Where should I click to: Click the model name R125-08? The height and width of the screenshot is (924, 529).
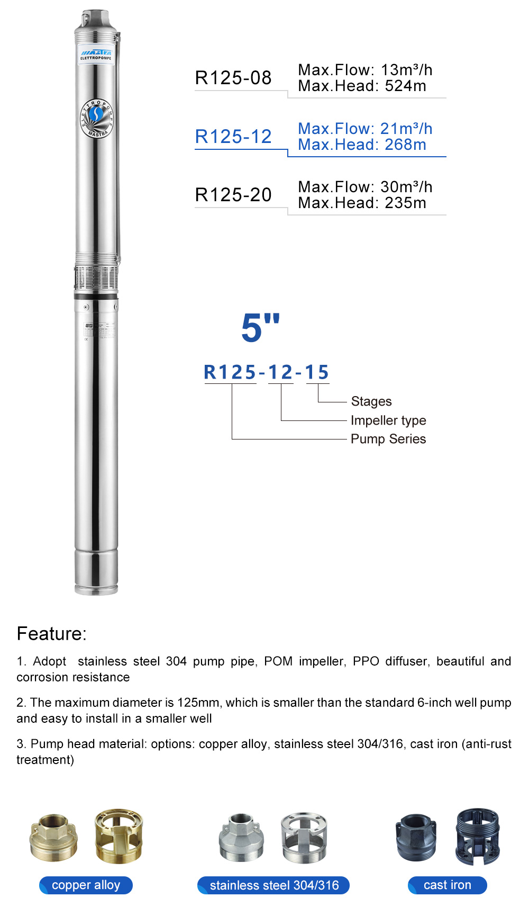tap(233, 78)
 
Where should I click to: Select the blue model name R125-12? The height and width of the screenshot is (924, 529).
tap(233, 137)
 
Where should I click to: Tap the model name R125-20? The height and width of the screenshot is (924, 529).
tap(233, 195)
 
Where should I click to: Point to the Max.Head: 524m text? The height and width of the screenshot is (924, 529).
tap(362, 86)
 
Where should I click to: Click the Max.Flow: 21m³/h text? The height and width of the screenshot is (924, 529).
tap(365, 129)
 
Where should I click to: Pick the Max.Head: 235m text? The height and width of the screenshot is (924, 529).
tap(362, 203)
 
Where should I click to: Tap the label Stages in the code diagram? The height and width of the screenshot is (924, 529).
tap(371, 401)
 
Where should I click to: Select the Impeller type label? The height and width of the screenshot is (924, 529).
tap(388, 420)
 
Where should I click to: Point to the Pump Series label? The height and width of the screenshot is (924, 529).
tap(388, 439)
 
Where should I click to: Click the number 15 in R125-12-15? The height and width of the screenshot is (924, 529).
tap(317, 372)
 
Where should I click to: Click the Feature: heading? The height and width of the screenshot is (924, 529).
tap(52, 634)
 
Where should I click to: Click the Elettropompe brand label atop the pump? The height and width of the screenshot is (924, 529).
tap(96, 55)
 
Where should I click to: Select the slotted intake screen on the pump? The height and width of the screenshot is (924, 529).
tap(96, 277)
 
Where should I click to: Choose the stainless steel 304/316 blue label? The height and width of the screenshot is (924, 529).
tap(273, 885)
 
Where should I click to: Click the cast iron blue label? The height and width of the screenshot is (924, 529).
tap(447, 885)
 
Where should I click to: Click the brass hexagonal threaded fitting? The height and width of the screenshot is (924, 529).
tap(53, 838)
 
